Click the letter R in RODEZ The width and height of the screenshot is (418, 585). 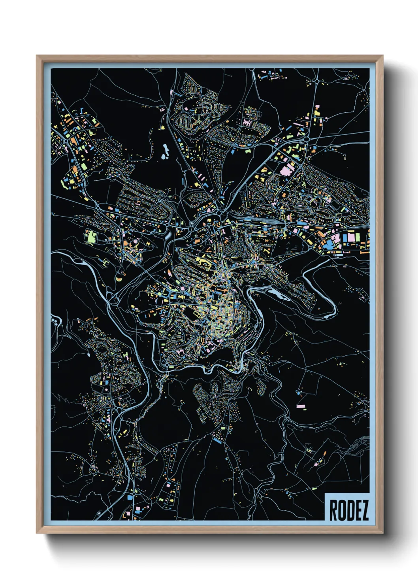333,510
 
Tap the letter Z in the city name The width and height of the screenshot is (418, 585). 365,510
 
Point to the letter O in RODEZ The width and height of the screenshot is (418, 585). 341,510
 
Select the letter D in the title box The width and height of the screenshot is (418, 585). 349,510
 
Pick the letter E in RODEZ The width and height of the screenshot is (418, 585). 357,510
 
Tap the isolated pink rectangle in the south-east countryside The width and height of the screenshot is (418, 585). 301,406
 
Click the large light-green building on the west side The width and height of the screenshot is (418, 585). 91,237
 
